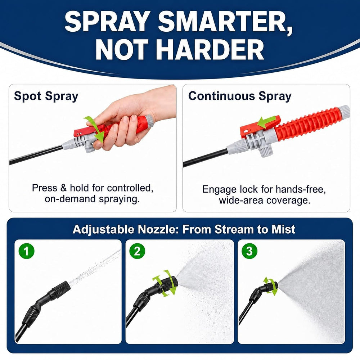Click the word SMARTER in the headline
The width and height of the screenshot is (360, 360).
pyautogui.click(x=226, y=22)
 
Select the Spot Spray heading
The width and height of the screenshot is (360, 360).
pyautogui.click(x=46, y=96)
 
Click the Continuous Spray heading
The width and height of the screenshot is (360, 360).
pyautogui.click(x=240, y=96)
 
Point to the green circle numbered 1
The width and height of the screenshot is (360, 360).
pyautogui.click(x=27, y=251)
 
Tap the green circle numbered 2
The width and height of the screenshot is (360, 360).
pyautogui.click(x=137, y=251)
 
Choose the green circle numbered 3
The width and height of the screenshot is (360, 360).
pyautogui.click(x=249, y=251)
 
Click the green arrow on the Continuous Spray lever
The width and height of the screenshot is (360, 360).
pyautogui.click(x=266, y=122)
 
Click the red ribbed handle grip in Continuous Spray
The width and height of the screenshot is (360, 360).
pyautogui.click(x=308, y=124)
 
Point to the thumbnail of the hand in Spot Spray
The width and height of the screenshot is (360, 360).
pyautogui.click(x=133, y=117)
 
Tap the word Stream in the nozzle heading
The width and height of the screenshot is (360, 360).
pyautogui.click(x=234, y=229)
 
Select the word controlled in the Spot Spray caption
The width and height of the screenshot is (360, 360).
pyautogui.click(x=130, y=188)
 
